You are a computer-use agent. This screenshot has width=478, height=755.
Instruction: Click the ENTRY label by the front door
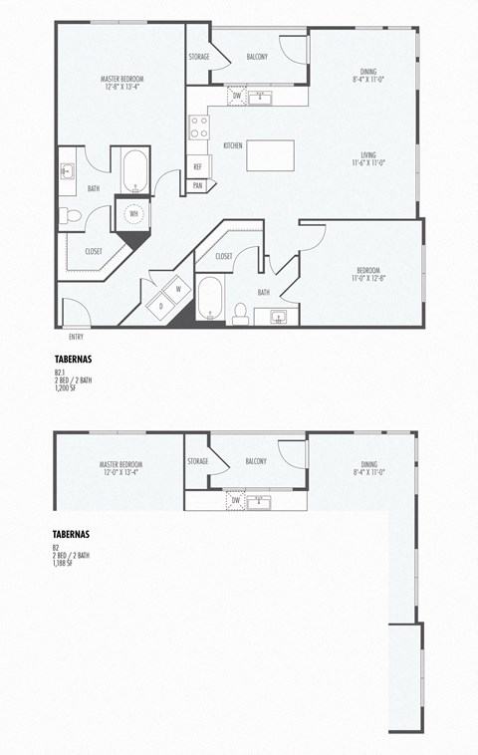[76, 337]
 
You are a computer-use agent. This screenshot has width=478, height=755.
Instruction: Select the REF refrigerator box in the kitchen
[197, 167]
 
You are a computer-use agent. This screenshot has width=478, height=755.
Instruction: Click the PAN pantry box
[197, 185]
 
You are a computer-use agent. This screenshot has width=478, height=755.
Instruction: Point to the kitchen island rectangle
[270, 155]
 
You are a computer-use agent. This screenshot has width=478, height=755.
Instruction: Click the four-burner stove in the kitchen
[200, 126]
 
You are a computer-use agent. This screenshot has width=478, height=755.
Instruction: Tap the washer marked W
[178, 289]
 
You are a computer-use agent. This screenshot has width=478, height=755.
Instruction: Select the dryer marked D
[159, 307]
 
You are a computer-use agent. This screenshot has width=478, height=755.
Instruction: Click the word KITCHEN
[233, 145]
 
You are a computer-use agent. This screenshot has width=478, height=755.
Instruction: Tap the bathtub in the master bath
[134, 170]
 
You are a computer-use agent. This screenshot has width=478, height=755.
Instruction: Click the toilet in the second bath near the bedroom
[239, 314]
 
